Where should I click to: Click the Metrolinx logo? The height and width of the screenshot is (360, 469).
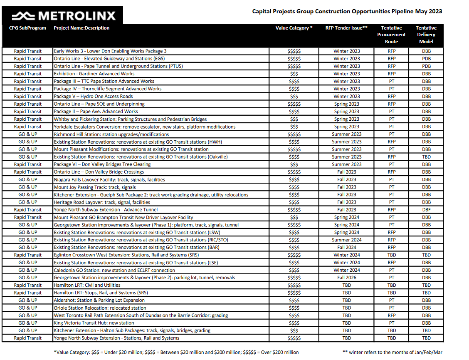coord(64,16)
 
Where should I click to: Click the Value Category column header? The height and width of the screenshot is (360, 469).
coord(294,28)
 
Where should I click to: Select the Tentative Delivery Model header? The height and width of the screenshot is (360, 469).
coord(426,35)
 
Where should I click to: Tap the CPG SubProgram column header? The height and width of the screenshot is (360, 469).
coord(27,28)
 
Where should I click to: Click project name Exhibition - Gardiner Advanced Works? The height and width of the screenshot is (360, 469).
coord(94,74)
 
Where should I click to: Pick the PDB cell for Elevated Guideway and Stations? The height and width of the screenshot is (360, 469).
coord(426,59)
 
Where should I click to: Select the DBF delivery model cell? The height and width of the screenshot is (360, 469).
coord(426,210)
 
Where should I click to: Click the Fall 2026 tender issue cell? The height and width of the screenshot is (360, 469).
coord(347,278)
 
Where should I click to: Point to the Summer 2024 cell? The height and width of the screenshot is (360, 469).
coord(347,240)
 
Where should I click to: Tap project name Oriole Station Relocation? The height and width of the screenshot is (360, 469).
coord(100,308)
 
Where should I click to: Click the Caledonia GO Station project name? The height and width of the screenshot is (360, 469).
coord(114,270)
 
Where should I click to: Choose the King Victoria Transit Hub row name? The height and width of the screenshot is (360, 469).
coord(94,323)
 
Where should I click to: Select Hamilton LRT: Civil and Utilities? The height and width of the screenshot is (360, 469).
coord(87,285)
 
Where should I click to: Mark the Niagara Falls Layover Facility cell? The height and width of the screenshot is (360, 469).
coord(109,179)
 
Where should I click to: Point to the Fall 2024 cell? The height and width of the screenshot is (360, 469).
coord(347,247)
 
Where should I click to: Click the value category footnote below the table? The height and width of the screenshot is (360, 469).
coord(176,352)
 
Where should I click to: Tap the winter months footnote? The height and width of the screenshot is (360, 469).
coord(392,352)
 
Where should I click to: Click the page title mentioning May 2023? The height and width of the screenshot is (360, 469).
coord(347,11)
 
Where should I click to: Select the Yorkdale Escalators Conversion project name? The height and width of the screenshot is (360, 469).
coord(144,127)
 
